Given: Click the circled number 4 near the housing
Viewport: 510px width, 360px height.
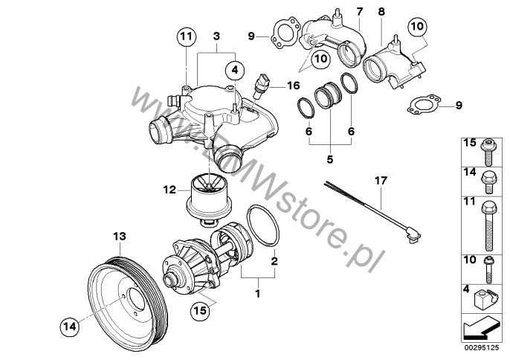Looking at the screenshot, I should (x=236, y=69).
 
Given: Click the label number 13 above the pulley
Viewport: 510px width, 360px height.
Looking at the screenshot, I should (x=116, y=237).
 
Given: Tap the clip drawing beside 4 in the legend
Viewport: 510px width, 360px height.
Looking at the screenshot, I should (x=484, y=300).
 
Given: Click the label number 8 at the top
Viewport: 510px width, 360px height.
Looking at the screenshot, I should (x=381, y=12).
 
